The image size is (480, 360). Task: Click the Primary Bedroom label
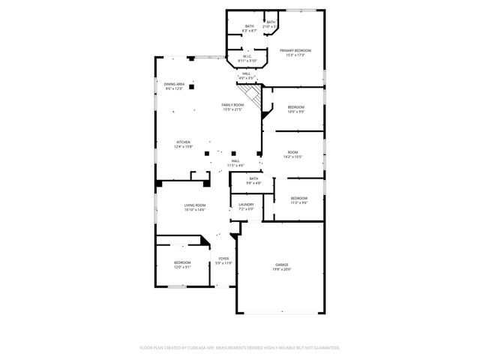[295, 50]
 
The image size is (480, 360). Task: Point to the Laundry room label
[246, 204]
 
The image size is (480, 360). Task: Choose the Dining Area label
[174, 84]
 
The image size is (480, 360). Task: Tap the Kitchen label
[184, 142]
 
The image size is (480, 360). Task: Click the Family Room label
[232, 105]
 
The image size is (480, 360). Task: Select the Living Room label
[195, 205]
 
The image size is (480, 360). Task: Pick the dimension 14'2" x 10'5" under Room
[292, 157]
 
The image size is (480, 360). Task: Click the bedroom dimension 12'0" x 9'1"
[182, 267]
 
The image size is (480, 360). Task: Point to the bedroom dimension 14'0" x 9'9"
[295, 112]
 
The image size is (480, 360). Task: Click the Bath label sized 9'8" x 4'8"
[253, 178]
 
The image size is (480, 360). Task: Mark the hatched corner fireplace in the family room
[258, 96]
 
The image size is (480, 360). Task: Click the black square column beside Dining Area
[192, 87]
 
